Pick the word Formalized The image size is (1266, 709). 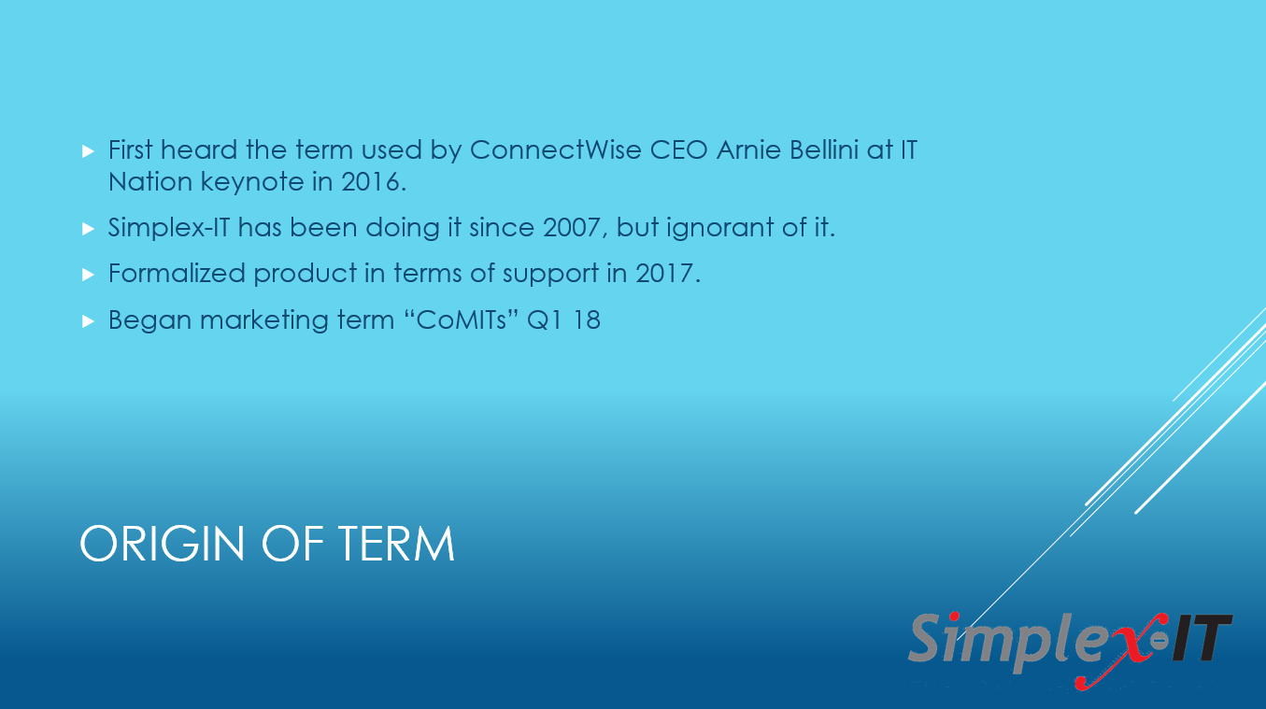coord(177,273)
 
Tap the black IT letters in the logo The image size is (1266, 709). coord(1199,640)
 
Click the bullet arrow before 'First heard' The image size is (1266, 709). coord(89,150)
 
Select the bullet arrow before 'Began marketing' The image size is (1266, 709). coord(89,320)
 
